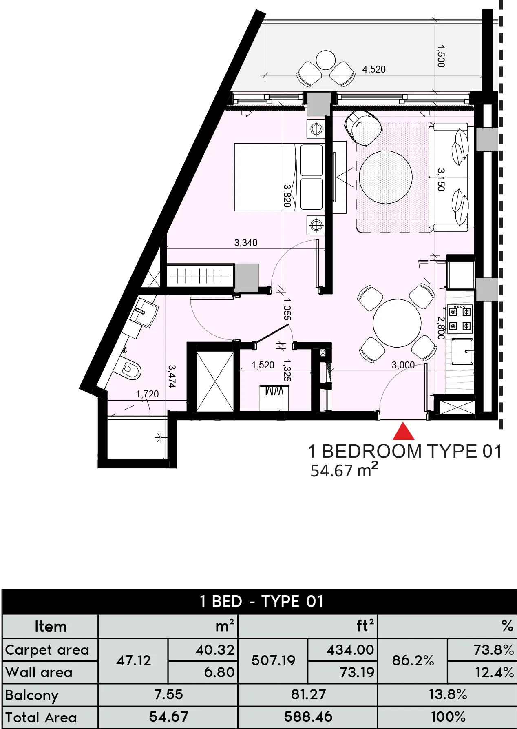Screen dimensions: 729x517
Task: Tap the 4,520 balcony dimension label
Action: point(373,69)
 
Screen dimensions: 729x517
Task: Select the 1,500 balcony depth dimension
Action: point(440,56)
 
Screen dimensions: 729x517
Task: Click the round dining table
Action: point(397,323)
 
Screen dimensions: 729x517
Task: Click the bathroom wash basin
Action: point(144,312)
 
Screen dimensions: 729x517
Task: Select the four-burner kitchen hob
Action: point(460,319)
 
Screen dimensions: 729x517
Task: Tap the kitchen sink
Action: point(463,351)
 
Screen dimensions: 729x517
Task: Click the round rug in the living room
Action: point(385,177)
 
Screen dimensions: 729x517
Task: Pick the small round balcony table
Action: point(325,60)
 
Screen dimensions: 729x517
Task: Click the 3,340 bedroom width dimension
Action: point(245,243)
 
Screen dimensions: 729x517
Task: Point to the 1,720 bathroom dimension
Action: point(147,394)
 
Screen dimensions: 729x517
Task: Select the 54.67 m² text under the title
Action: point(344,471)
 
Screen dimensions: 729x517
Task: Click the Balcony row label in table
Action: point(32,695)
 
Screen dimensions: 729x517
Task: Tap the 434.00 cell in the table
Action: point(350,649)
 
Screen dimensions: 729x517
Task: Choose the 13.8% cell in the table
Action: point(447,694)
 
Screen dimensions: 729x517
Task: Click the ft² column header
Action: point(365,626)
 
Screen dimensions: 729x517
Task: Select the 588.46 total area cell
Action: point(308,717)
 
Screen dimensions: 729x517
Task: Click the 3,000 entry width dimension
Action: point(403,365)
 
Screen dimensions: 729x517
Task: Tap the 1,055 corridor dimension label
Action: point(287,309)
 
